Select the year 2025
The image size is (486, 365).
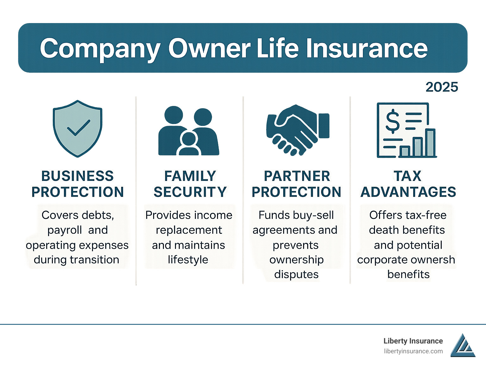(x=442, y=87)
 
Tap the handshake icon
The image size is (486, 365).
(x=297, y=130)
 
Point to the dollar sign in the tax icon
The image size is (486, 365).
(x=393, y=121)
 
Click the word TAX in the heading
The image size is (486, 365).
(x=408, y=176)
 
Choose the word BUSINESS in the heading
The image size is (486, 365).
(x=78, y=176)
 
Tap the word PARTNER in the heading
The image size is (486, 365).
(x=297, y=176)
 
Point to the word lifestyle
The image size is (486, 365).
(x=188, y=260)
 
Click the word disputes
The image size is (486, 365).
(x=296, y=274)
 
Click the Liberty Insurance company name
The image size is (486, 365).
(x=413, y=341)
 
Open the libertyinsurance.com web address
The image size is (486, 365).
(x=413, y=351)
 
